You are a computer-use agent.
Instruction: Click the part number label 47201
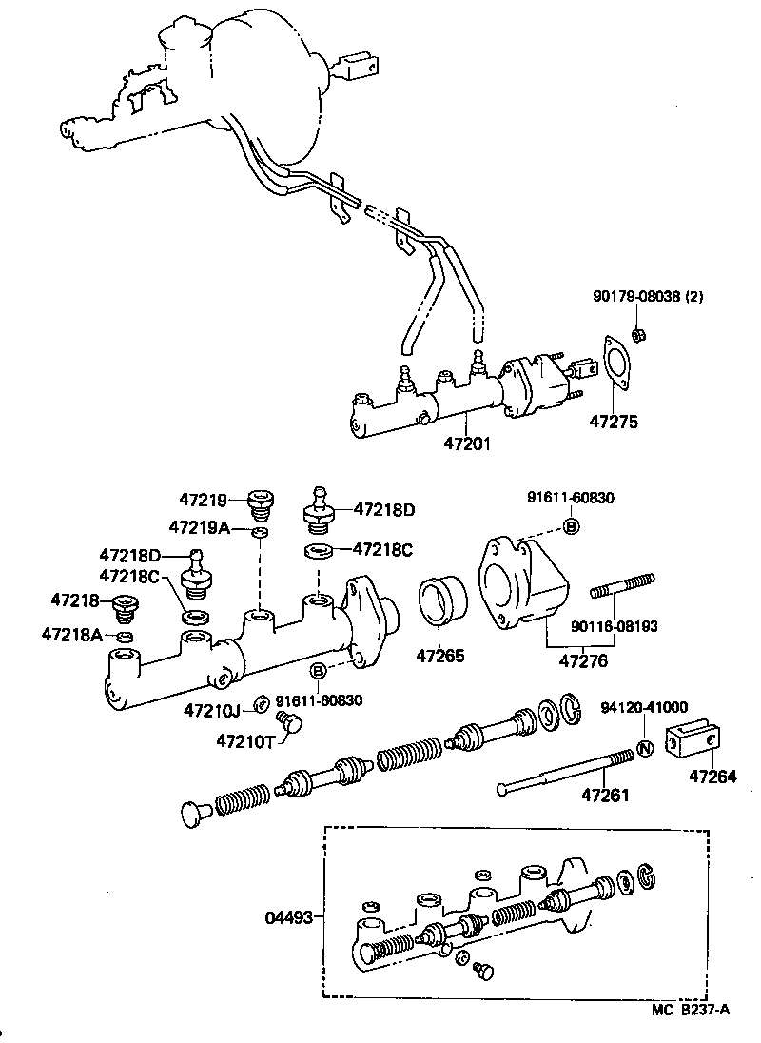(468, 444)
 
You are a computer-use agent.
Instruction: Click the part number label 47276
(583, 659)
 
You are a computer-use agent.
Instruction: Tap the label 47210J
(214, 709)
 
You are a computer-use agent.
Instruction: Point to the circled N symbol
(644, 748)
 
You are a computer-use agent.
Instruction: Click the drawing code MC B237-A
(692, 1011)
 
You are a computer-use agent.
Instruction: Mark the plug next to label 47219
(259, 500)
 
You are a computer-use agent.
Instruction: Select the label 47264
(712, 777)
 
